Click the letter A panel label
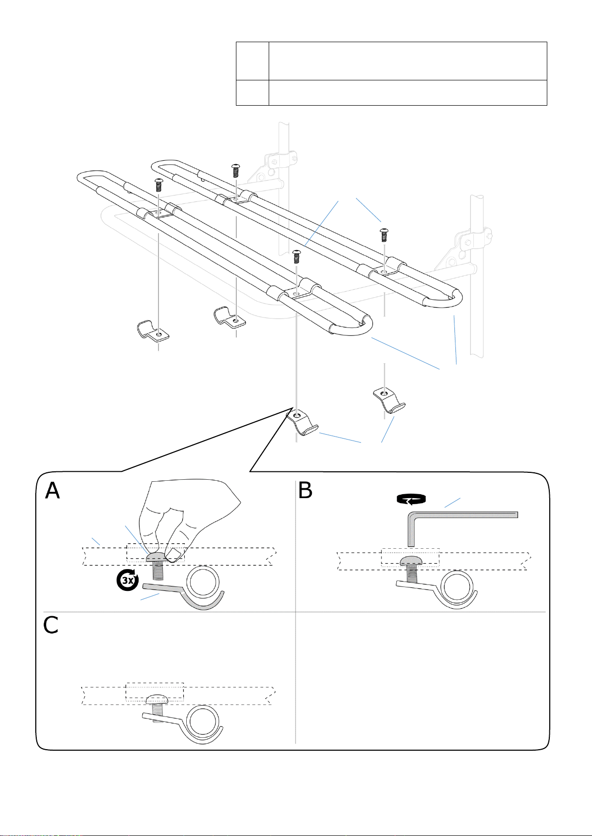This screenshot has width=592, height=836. [52, 491]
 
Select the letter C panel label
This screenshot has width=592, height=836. [50, 626]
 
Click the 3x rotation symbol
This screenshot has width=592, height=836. [128, 580]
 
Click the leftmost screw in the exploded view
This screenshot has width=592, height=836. [159, 184]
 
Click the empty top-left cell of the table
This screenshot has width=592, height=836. [252, 61]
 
